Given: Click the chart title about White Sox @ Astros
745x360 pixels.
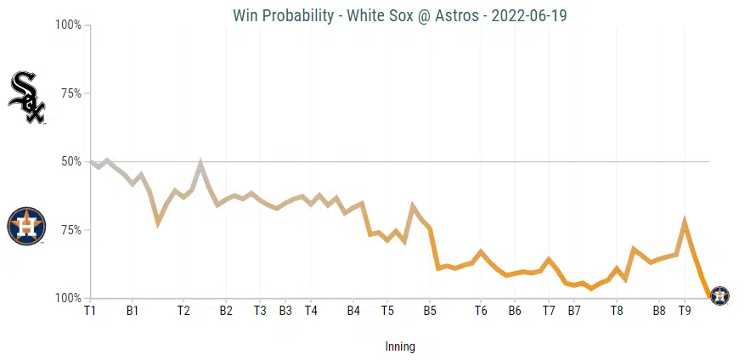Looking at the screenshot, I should point(398,16).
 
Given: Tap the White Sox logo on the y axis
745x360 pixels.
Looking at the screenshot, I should point(26,98).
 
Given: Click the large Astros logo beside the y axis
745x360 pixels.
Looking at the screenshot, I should point(26,226).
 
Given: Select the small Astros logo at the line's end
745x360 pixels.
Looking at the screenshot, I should point(719,295).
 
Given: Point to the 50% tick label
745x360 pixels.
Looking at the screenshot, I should point(71,161).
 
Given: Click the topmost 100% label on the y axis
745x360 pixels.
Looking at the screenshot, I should point(68,25).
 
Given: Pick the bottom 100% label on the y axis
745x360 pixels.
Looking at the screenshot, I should point(68,298).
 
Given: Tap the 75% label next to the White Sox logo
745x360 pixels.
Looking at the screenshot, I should point(71,93).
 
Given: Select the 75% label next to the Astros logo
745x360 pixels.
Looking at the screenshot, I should point(71,230).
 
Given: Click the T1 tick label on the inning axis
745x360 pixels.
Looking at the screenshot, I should point(90,312).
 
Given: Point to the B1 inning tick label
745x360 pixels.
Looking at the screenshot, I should point(133,312).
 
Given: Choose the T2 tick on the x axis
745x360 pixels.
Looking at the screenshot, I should point(183,312).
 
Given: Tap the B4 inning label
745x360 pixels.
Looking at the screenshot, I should point(353,312).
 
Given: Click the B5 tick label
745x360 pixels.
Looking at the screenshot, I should point(430,312).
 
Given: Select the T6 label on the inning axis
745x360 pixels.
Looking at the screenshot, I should point(481,312).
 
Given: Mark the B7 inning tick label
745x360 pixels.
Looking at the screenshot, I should point(574,312).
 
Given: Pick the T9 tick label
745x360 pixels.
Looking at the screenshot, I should point(685,312).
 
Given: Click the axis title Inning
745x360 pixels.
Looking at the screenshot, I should point(399,346).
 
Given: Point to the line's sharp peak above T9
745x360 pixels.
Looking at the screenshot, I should point(685,222).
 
